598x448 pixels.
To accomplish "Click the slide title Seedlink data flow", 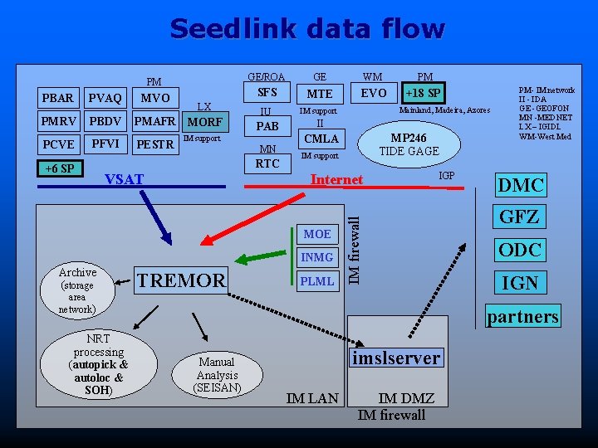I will pos(307,29).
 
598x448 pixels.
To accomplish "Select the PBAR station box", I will pos(59,99).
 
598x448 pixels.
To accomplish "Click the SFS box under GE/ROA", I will pos(267,92).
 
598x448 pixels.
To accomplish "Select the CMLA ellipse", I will pos(321,139).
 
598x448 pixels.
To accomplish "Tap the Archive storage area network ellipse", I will pos(77,290).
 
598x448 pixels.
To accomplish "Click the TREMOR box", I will pos(181,280).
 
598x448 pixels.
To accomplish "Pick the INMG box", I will pos(317,257).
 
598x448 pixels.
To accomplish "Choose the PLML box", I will pos(317,281).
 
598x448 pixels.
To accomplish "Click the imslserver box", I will pos(395,358).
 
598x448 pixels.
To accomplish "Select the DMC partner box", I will pos(520,185).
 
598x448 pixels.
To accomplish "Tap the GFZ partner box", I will pos(520,217).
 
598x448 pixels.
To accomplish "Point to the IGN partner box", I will pos(520,284).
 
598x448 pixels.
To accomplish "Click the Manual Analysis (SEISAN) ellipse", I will pos(217,375).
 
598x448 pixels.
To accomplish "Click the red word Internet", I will pos(336,180).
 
